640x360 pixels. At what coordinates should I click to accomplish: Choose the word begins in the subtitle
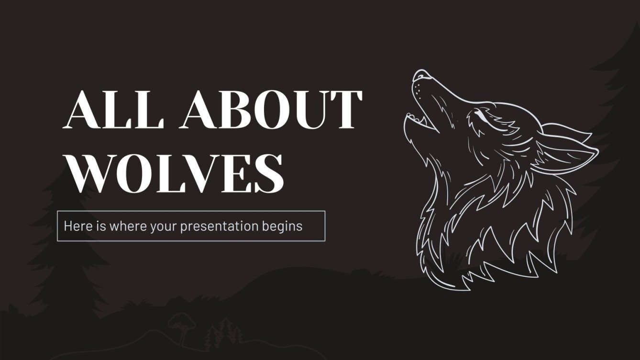coord(282,226)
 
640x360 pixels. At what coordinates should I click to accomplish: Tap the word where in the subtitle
coord(127,226)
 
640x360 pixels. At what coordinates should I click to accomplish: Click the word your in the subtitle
coord(165,226)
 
